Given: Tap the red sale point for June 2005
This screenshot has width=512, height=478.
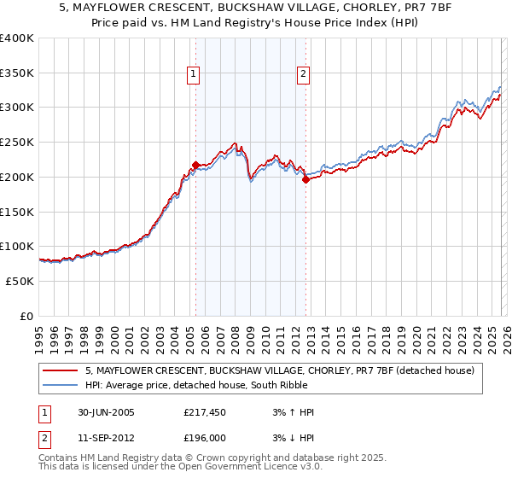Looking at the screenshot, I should tap(196, 164).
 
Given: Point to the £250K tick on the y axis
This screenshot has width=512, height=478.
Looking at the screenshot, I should tap(17, 143).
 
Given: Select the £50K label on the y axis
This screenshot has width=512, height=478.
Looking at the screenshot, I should tap(20, 281).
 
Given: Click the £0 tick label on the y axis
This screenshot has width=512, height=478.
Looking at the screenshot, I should tap(26, 316).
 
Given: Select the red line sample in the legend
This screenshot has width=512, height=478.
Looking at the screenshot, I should tap(61, 370).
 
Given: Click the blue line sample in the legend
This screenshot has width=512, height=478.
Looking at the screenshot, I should tap(61, 385).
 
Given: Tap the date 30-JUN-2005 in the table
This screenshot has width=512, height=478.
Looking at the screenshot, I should tap(106, 412).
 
